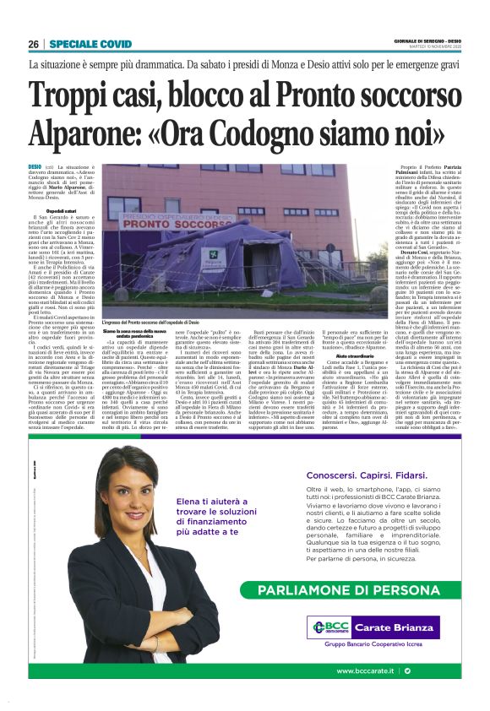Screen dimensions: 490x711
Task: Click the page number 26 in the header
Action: [34, 44]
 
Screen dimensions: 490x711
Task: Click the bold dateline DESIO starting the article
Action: [35, 168]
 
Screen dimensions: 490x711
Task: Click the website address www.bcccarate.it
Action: [367, 670]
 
